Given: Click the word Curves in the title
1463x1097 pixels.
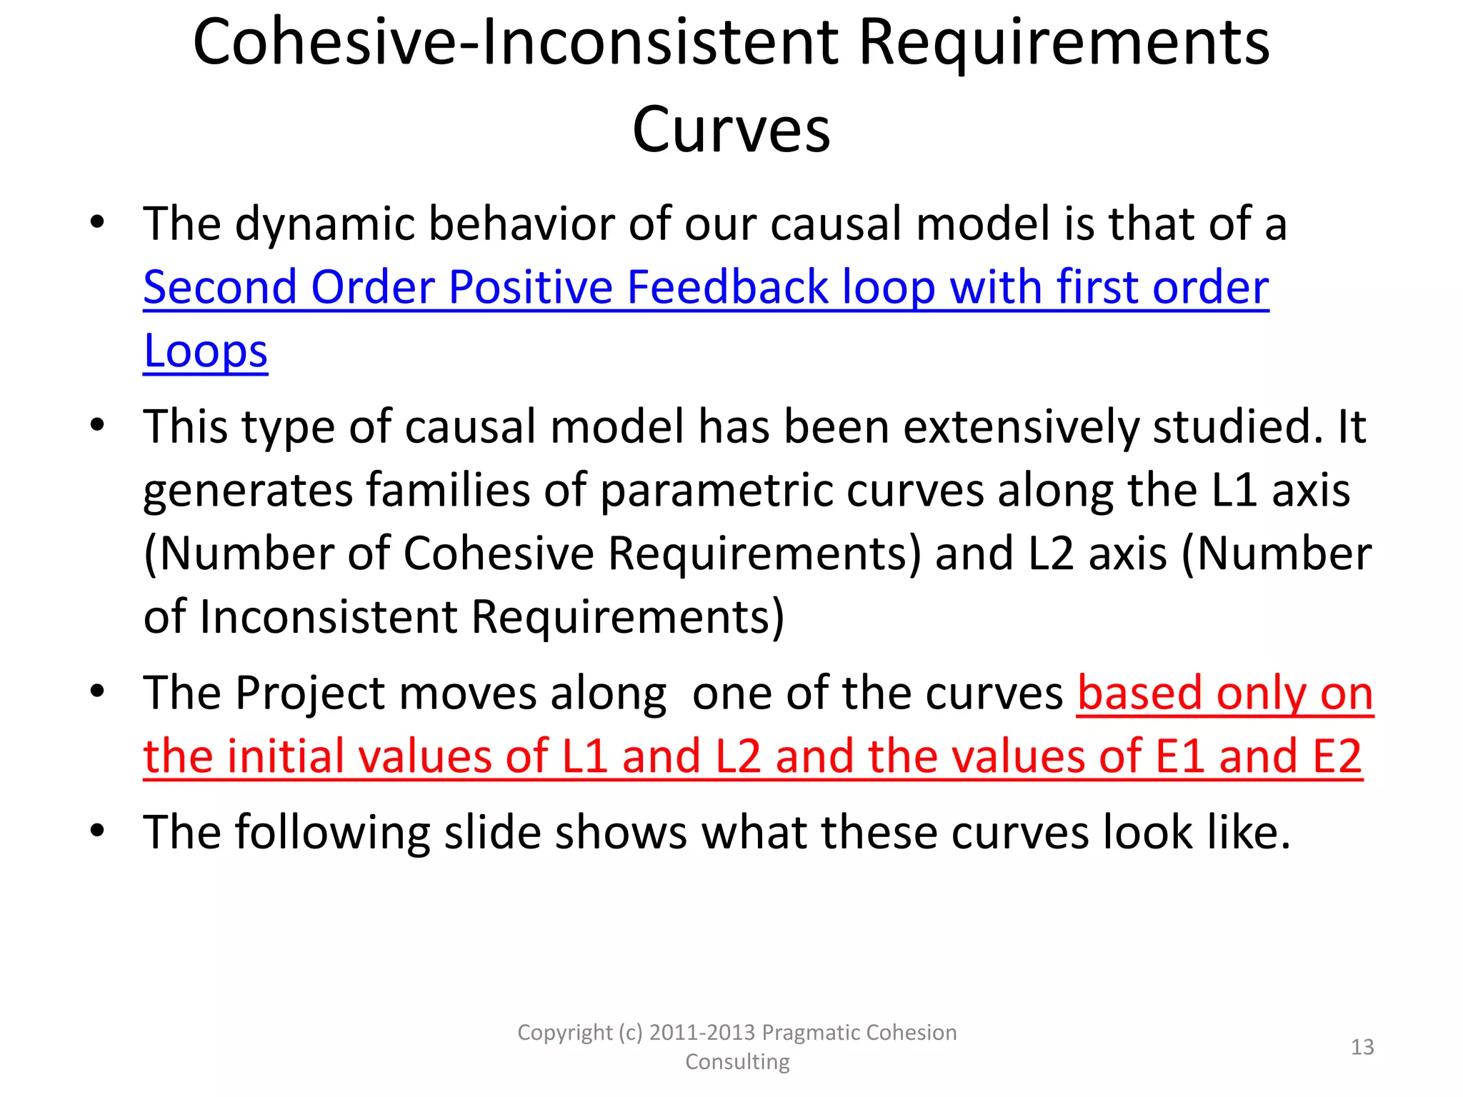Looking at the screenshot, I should pos(731,131).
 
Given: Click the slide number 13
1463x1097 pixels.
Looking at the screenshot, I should pos(1362,1047).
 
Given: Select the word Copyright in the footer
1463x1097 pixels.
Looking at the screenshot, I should pos(564,1033).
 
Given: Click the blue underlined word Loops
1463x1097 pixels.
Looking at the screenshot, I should pos(206,351).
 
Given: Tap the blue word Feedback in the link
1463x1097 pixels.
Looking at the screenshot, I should pos(727,288).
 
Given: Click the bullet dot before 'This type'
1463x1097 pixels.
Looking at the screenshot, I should pos(98,426).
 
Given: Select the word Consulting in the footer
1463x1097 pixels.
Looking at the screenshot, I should pos(737,1062).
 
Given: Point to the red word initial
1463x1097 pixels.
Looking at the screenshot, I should pos(279,757).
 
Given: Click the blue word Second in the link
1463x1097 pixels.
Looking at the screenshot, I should pos(220,288).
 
